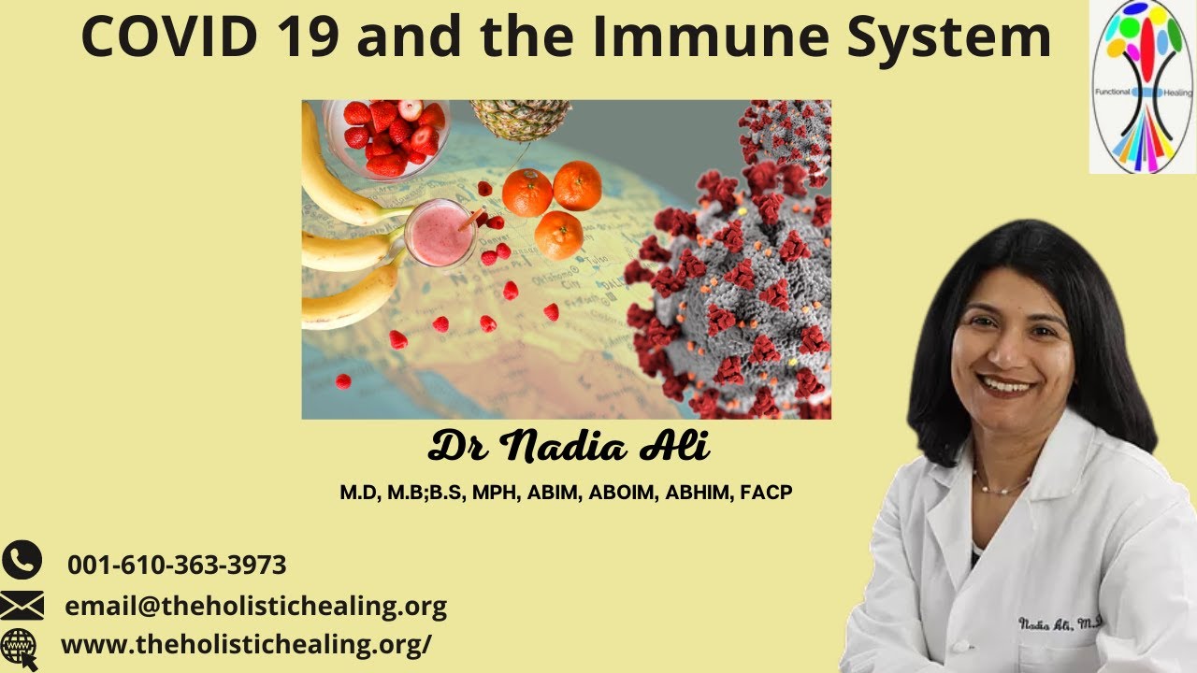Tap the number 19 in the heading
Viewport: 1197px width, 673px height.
pos(310,36)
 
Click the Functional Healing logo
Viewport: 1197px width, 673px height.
pos(1143,87)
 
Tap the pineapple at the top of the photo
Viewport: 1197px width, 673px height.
pos(520,120)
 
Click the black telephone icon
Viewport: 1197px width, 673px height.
pos(22,560)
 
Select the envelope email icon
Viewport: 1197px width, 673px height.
pos(22,605)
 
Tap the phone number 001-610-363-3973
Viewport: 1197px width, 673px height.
pos(177,565)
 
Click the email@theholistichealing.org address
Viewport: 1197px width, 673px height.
pos(256,607)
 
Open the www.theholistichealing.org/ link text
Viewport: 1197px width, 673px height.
pos(246,645)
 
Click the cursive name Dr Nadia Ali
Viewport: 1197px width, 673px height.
pos(569,446)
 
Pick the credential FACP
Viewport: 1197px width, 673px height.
pos(766,493)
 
